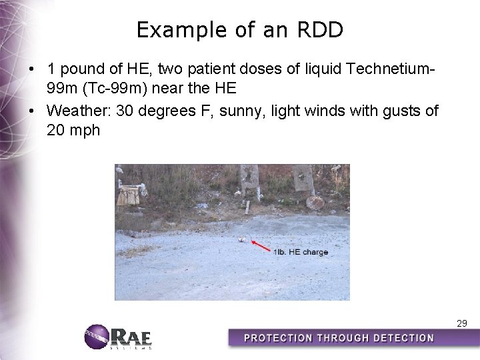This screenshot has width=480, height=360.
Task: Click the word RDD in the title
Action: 323,30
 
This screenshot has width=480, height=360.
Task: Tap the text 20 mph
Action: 73,130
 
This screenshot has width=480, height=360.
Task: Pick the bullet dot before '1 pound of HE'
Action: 32,69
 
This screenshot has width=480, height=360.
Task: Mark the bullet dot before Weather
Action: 32,111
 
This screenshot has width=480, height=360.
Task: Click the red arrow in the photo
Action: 261,245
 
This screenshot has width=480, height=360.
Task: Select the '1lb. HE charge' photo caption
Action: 301,253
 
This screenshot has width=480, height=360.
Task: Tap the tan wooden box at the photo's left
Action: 128,195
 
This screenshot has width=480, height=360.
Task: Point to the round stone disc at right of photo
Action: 315,202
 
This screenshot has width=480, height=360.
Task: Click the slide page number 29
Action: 461,323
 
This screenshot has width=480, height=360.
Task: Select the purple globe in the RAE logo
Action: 97,337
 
